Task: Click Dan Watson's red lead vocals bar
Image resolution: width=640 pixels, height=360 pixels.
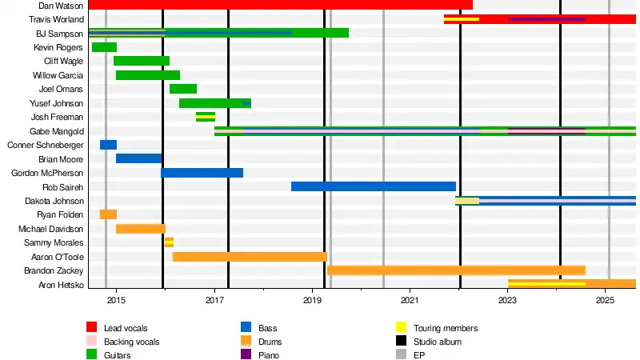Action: (x=280, y=5)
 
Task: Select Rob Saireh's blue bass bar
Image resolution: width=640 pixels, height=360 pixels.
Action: (x=373, y=186)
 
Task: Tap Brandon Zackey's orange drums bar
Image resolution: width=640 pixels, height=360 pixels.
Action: (x=456, y=270)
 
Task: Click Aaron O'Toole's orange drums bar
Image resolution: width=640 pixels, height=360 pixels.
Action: (x=250, y=257)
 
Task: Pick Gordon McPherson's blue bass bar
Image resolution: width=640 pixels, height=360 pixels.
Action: (x=202, y=173)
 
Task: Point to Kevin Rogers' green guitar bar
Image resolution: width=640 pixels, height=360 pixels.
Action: (x=104, y=47)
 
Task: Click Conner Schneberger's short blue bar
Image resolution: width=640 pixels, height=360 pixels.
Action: (x=108, y=145)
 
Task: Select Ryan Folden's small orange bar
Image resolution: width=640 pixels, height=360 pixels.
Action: (x=108, y=214)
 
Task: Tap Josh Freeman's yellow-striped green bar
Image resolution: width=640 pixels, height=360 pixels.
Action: (x=206, y=117)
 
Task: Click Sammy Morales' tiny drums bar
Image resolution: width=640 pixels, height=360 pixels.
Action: (x=169, y=242)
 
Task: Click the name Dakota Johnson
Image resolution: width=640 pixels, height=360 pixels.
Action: (x=55, y=201)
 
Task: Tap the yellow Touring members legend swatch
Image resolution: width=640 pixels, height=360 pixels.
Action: (x=401, y=328)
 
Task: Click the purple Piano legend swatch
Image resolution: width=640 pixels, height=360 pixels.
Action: (x=246, y=355)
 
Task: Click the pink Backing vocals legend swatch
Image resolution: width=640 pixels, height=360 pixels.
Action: (x=92, y=342)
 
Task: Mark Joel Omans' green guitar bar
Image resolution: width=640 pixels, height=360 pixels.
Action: (x=183, y=89)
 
